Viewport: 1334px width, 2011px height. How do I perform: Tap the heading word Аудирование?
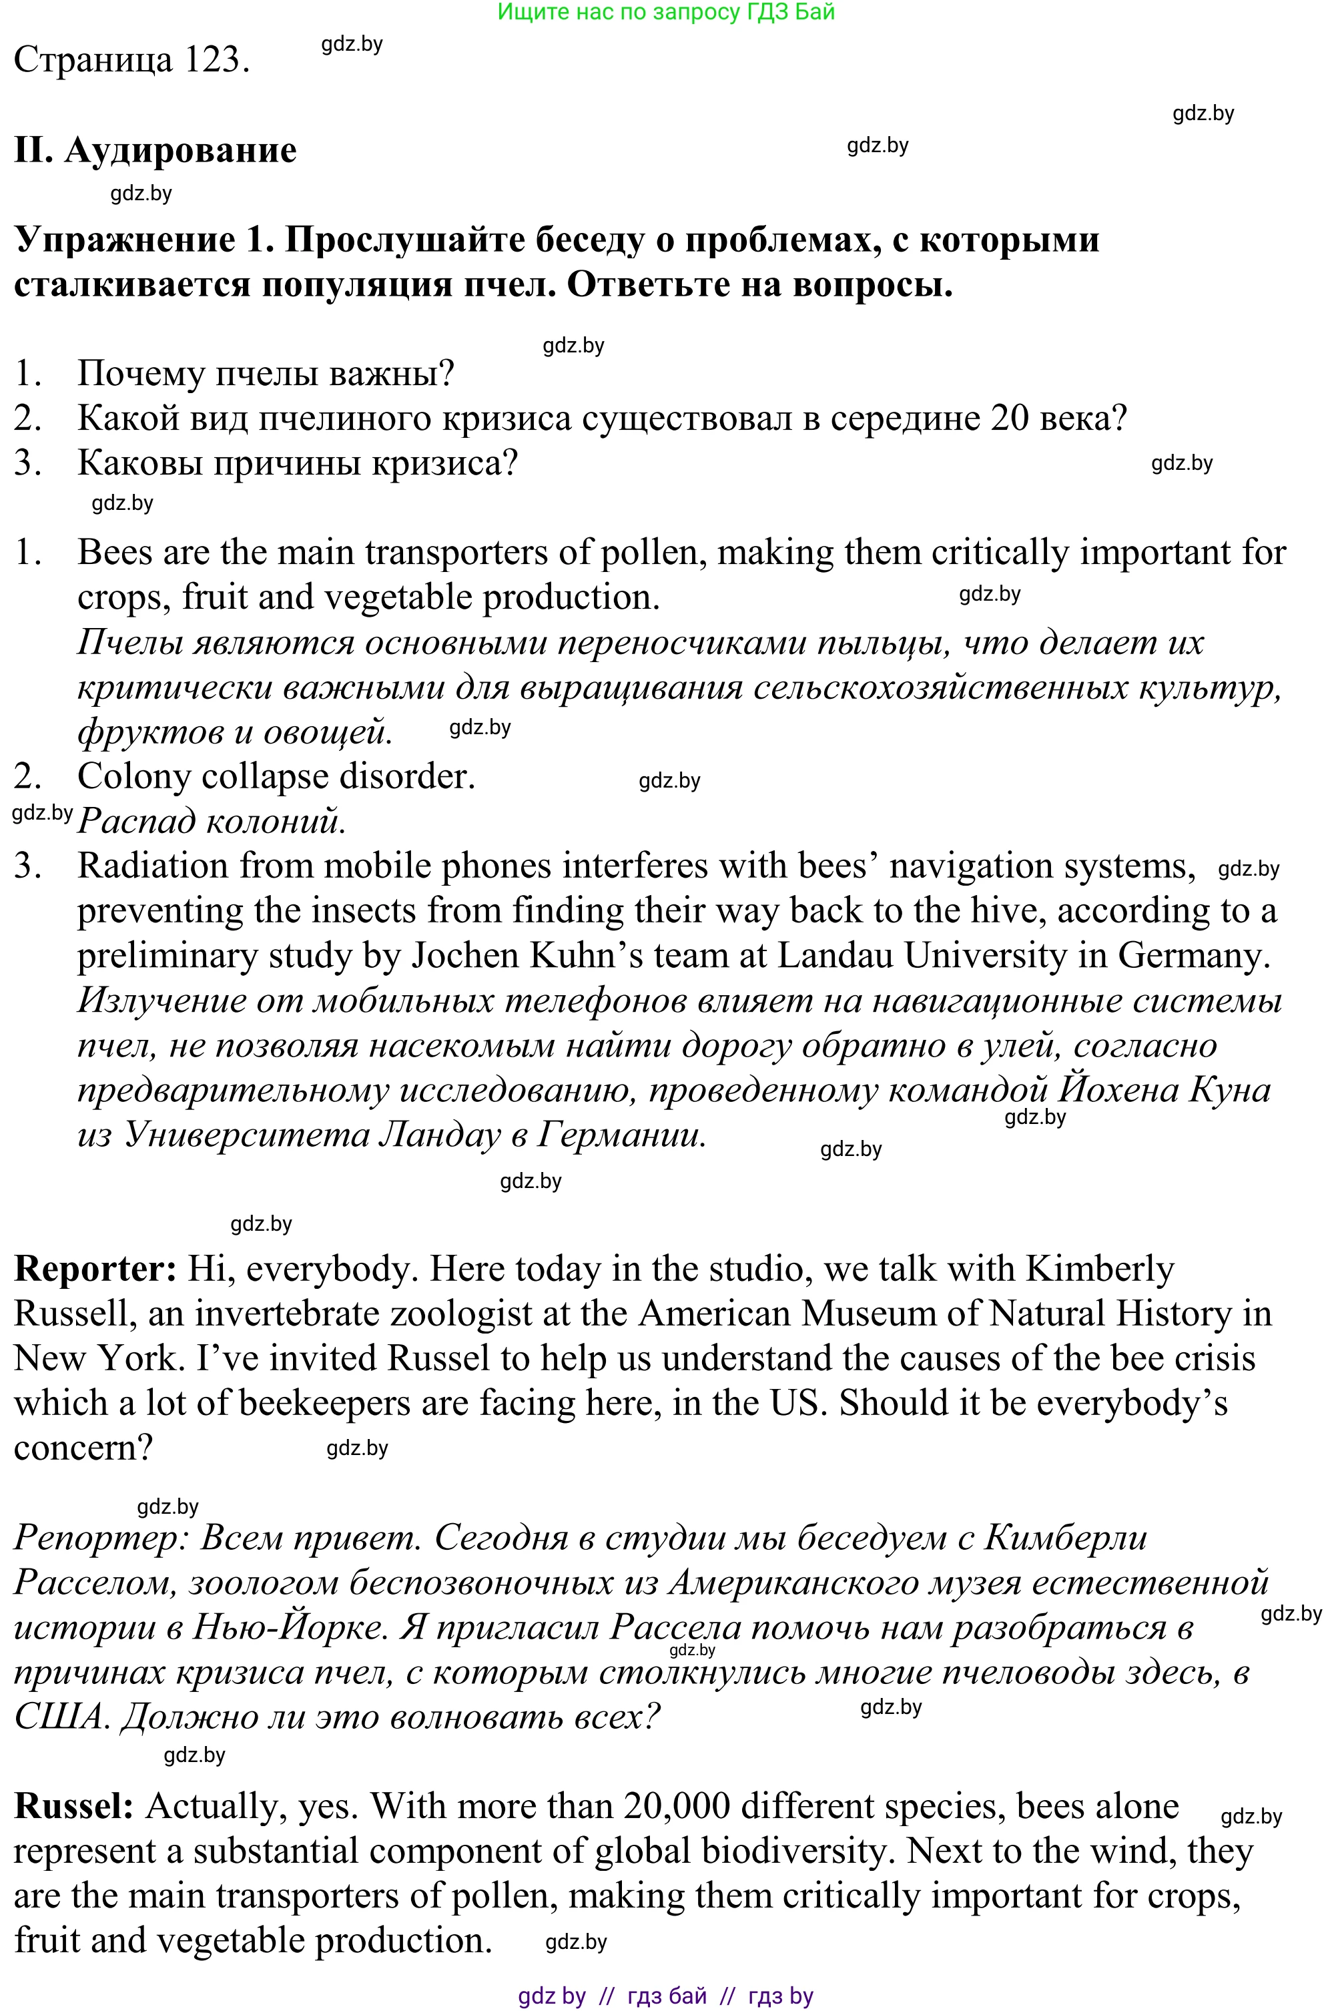[180, 151]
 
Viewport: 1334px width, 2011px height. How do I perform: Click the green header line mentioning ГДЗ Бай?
[666, 12]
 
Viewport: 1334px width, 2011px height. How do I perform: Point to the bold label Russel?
[74, 1806]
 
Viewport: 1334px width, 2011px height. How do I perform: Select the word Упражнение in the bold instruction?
[124, 241]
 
